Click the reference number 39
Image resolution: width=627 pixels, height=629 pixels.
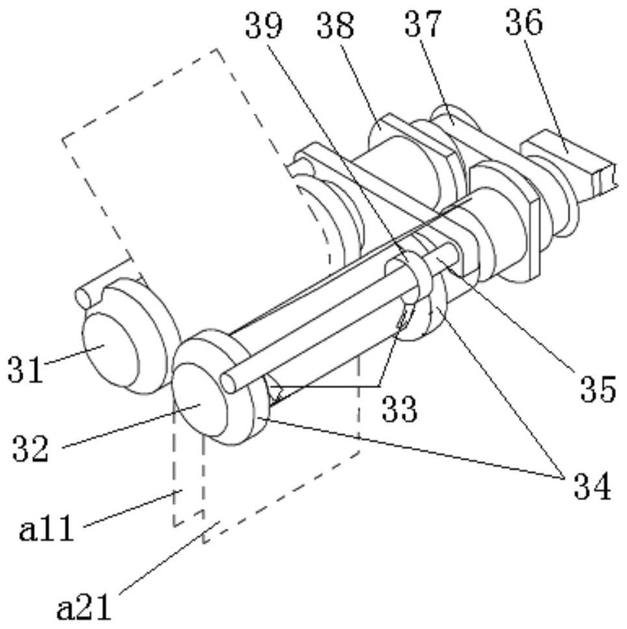[x=264, y=25]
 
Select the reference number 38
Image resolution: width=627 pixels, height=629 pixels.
[x=335, y=25]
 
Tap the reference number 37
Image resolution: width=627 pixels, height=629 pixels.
[x=423, y=24]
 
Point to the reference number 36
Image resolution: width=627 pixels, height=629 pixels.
[x=524, y=23]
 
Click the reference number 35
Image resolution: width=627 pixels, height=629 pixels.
[x=598, y=389]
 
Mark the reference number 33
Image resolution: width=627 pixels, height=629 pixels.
[x=400, y=409]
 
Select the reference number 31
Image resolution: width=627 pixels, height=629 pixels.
[x=25, y=369]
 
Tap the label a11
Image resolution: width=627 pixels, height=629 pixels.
[x=46, y=528]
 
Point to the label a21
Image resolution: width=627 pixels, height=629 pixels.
[x=83, y=608]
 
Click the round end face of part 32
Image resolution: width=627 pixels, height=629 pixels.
[x=199, y=398]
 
